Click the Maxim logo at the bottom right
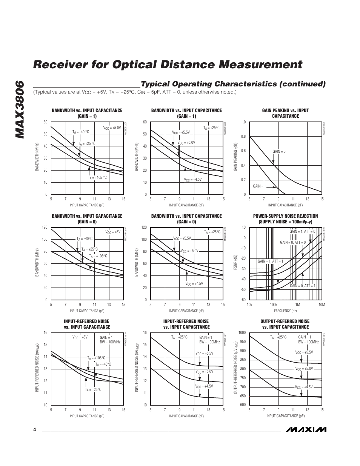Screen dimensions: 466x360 coord(306,430)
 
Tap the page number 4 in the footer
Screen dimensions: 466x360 coord(34,430)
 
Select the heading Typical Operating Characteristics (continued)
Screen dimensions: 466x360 coord(233,84)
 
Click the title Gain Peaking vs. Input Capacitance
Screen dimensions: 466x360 coord(285,113)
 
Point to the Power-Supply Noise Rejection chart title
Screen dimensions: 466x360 coord(285,219)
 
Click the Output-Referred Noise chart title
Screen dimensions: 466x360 coord(285,324)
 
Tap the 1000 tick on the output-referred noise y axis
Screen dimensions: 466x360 coord(242,333)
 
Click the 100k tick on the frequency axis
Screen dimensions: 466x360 coord(273,305)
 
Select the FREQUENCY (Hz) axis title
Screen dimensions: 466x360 coord(285,311)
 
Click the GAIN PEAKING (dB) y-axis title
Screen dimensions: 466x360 coord(235,158)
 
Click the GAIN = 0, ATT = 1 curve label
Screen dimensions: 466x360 coord(302,286)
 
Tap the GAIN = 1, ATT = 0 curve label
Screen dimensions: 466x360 coord(302,232)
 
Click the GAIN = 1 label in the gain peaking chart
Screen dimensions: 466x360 coord(259,186)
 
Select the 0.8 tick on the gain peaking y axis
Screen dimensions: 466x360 coord(243,137)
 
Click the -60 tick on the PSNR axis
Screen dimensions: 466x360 coord(243,300)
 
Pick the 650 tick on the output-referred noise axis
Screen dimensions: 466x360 coord(243,396)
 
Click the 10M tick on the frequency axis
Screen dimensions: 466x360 coord(322,305)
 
